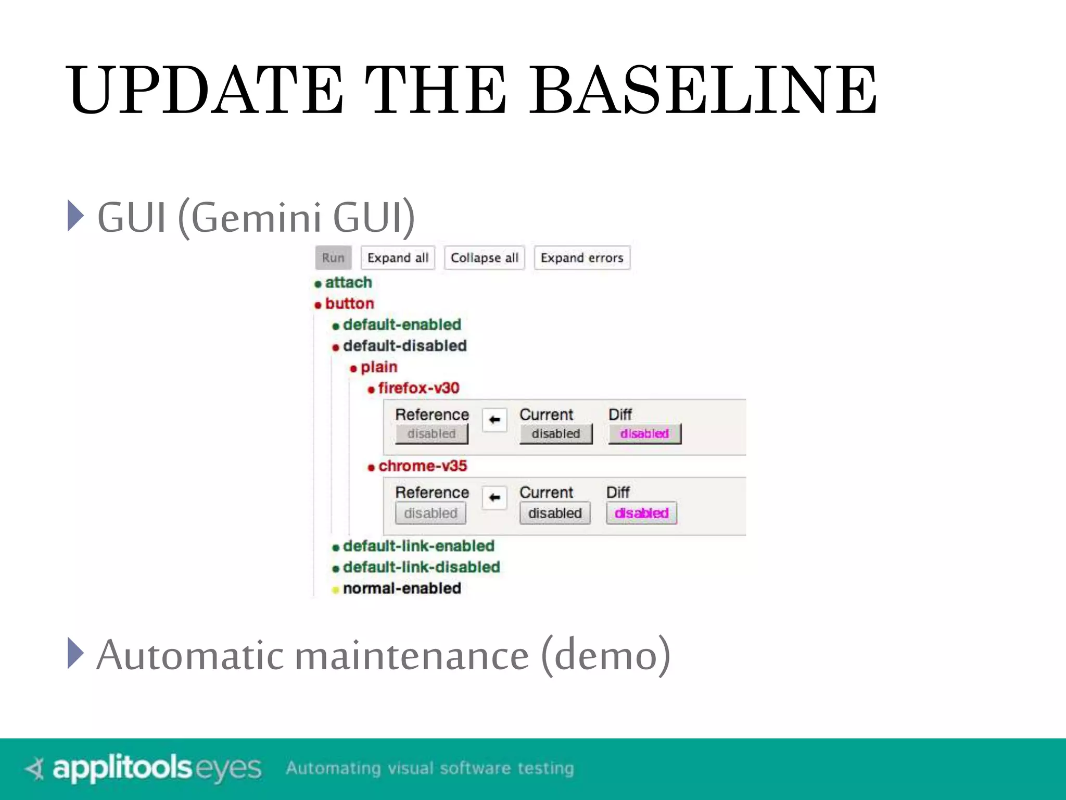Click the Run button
tap(333, 258)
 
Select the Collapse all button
tap(484, 258)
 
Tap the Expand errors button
tap(581, 258)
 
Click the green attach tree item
tap(348, 282)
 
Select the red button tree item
tap(349, 304)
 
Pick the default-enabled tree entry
tap(402, 324)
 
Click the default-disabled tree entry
tap(404, 346)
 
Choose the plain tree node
tap(378, 367)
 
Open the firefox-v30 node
tap(418, 388)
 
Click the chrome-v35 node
tap(422, 466)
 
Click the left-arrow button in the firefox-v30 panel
tap(494, 420)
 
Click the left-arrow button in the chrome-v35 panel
tap(494, 497)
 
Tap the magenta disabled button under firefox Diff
tap(644, 433)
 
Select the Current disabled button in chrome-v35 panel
tap(555, 513)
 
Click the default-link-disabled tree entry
tap(421, 567)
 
